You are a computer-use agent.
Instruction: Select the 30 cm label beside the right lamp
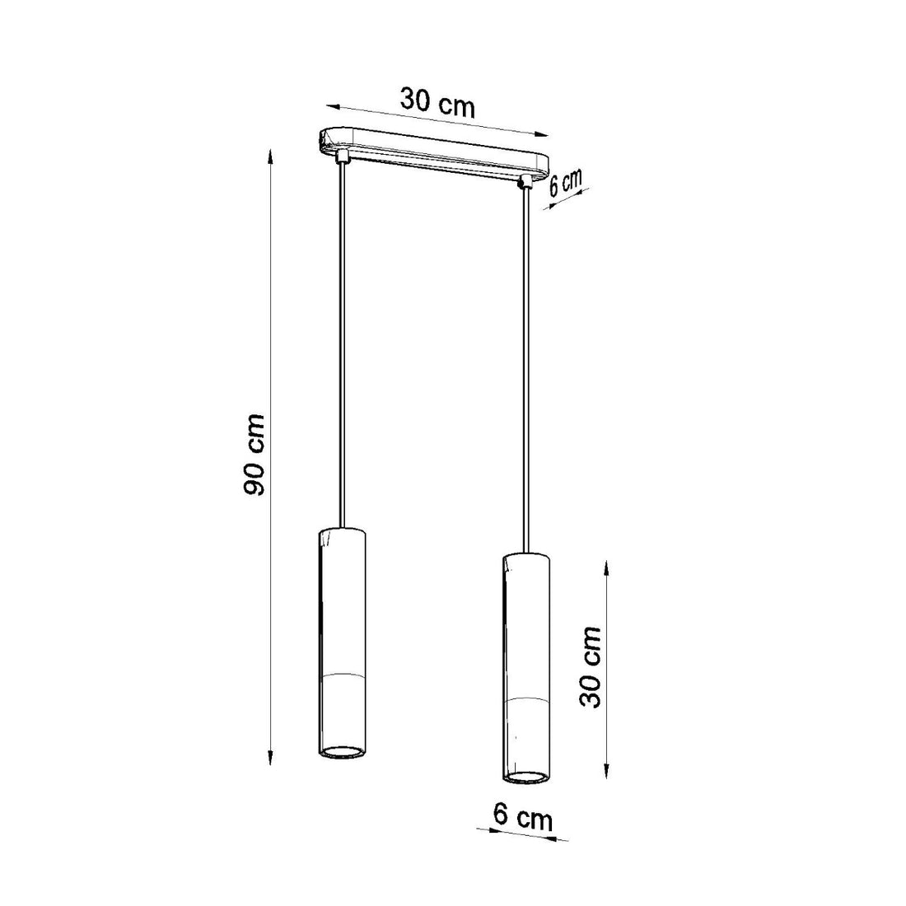point(590,667)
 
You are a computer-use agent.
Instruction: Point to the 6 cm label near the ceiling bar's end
point(566,183)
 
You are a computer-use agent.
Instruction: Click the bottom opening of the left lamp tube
point(339,751)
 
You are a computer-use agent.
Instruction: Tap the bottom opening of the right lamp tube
point(525,777)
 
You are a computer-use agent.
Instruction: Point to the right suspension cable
point(525,371)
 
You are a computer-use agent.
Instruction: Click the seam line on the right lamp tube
point(525,700)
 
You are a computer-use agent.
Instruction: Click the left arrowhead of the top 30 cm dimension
point(331,105)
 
